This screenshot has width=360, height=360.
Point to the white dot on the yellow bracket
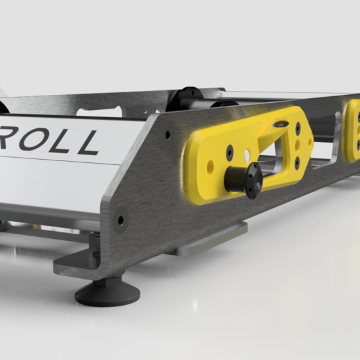(246, 154)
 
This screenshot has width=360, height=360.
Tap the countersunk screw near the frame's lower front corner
(121, 220)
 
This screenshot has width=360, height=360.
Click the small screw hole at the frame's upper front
(168, 134)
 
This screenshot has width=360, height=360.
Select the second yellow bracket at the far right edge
(353, 130)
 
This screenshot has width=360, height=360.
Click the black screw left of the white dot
(230, 152)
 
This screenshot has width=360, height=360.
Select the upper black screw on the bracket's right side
(298, 139)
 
